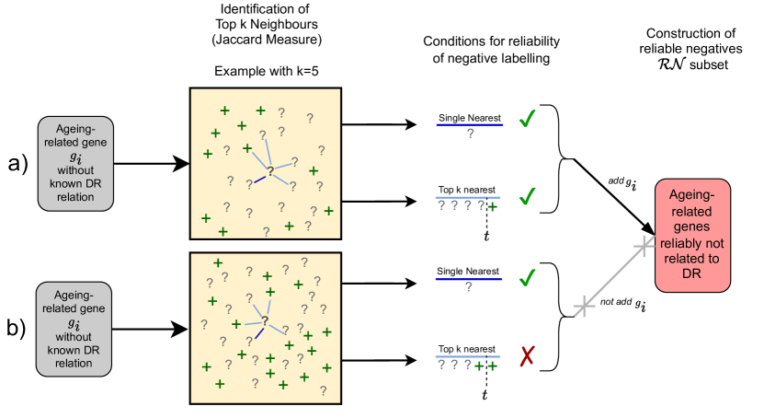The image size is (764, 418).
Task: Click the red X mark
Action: click(527, 356)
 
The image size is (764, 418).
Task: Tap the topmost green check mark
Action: click(527, 120)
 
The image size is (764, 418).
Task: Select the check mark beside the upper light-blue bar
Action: click(527, 197)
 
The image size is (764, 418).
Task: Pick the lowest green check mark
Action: click(527, 277)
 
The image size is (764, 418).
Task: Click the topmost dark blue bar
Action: click(469, 124)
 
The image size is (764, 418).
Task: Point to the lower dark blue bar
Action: click(469, 279)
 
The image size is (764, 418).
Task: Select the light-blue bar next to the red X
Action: click(467, 356)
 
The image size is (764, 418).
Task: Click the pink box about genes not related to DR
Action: click(692, 236)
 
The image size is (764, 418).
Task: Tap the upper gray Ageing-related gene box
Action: click(75, 164)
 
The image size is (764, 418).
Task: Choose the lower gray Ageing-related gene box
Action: click(74, 329)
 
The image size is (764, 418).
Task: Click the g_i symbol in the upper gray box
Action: click(75, 157)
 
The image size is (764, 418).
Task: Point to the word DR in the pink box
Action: click(692, 273)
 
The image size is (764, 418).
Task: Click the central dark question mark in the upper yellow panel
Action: click(270, 170)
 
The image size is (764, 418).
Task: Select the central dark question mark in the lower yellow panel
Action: click(265, 320)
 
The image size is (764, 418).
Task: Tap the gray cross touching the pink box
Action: click(644, 245)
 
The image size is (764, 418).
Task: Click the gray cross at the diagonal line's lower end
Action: click(583, 307)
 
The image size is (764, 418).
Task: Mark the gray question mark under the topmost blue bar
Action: click(470, 134)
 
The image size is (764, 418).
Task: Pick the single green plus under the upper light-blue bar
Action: click(493, 206)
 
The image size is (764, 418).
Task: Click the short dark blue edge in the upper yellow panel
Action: click(260, 178)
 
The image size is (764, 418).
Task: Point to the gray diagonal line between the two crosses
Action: click(613, 276)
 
